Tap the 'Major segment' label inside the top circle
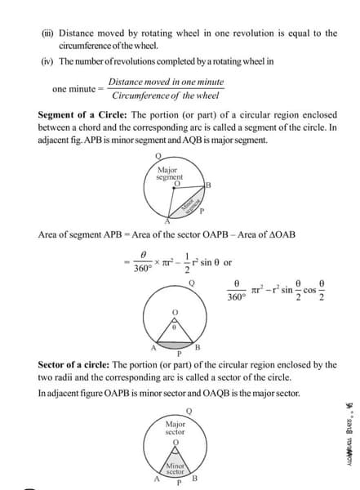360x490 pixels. (169, 173)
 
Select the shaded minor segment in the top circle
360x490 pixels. (190, 205)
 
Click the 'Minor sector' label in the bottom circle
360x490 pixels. (175, 467)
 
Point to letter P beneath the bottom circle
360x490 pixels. (176, 483)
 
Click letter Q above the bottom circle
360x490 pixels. (189, 409)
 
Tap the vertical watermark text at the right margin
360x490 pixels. (349, 444)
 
